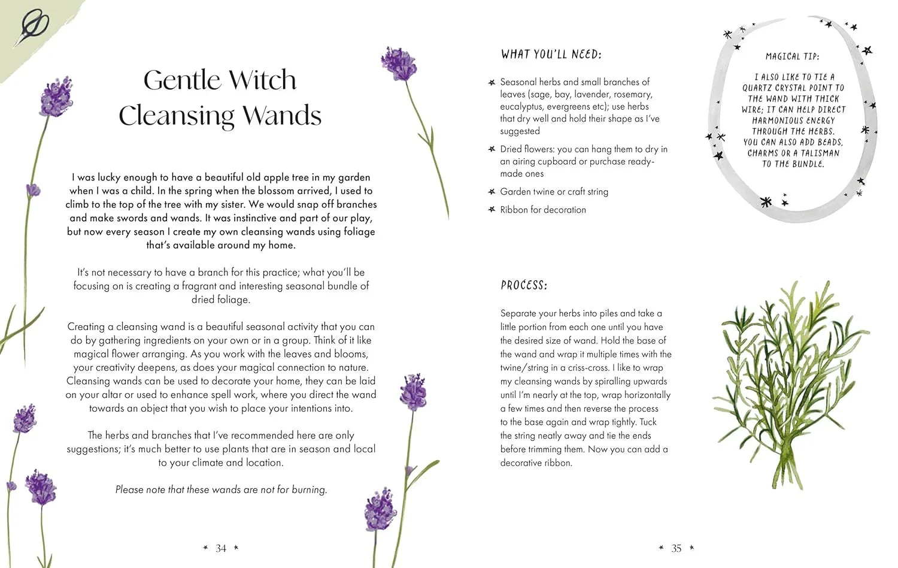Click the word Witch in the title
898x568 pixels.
pos(262,80)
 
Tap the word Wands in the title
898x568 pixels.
pos(282,116)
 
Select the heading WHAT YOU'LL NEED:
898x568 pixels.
pos(551,55)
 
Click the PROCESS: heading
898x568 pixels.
pos(524,285)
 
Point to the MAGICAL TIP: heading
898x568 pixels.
pos(792,56)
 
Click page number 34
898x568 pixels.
pos(221,548)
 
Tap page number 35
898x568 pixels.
pos(676,548)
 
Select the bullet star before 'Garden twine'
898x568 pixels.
pos(492,192)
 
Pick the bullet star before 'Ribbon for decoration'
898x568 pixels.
pos(492,210)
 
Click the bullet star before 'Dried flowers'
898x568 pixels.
pos(492,149)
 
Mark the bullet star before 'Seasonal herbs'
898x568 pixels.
pos(492,82)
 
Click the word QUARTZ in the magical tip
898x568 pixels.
pos(757,88)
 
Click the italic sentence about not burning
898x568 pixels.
pos(221,490)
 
